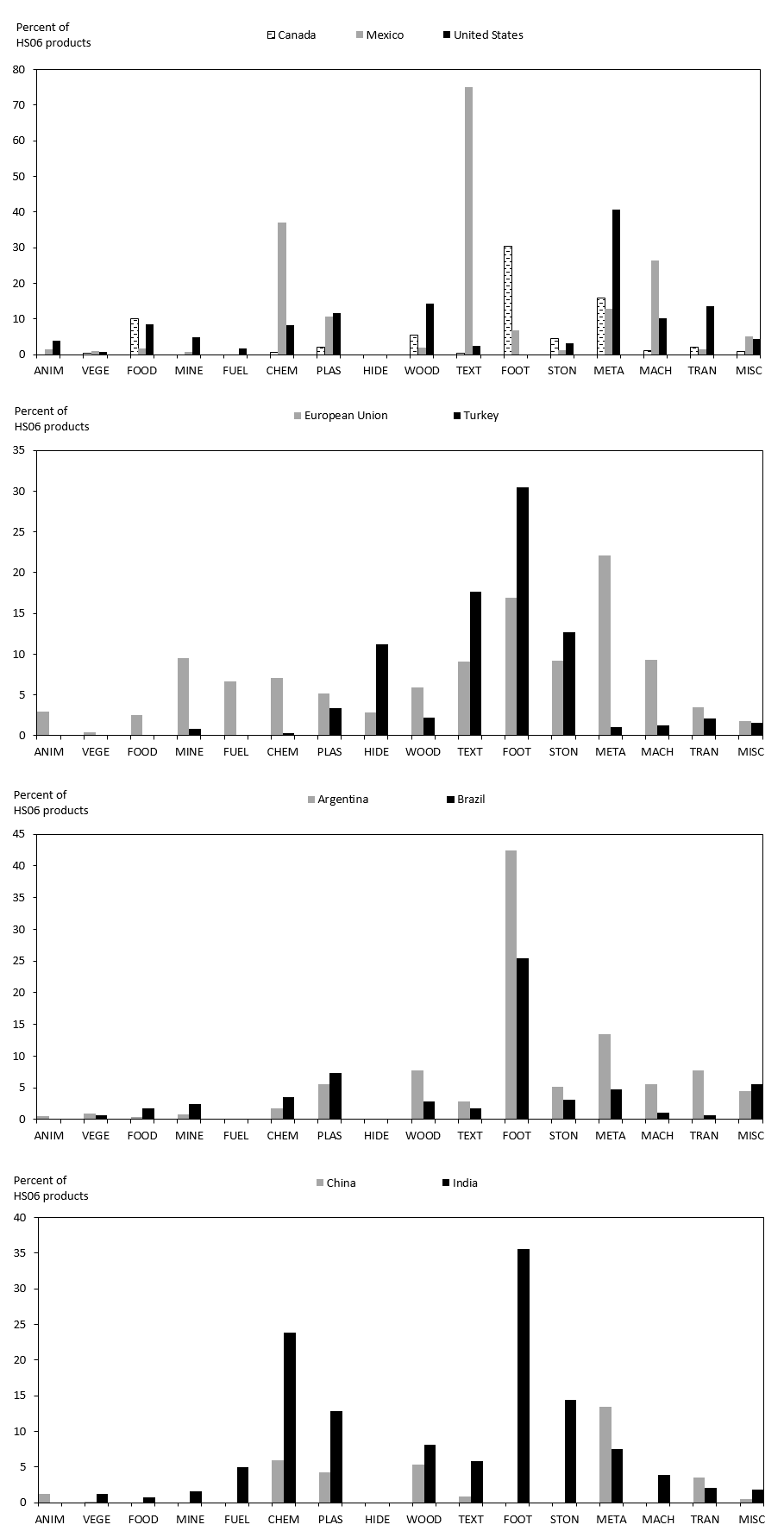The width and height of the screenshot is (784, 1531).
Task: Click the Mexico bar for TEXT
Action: [x=468, y=221]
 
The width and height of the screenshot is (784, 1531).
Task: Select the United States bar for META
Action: [x=616, y=282]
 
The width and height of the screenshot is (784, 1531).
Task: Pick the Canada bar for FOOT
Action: [x=508, y=300]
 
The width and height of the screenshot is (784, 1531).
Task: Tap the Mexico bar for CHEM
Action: [x=282, y=288]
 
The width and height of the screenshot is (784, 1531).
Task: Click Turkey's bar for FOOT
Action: [x=523, y=611]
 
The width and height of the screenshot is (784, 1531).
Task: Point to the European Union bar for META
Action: [x=605, y=645]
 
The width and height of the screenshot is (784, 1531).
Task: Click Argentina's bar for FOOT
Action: [x=511, y=984]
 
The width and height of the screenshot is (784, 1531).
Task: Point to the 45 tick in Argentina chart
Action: [x=20, y=834]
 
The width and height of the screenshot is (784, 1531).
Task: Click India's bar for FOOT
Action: [x=524, y=1375]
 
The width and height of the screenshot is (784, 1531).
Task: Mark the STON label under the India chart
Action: [x=563, y=1520]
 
